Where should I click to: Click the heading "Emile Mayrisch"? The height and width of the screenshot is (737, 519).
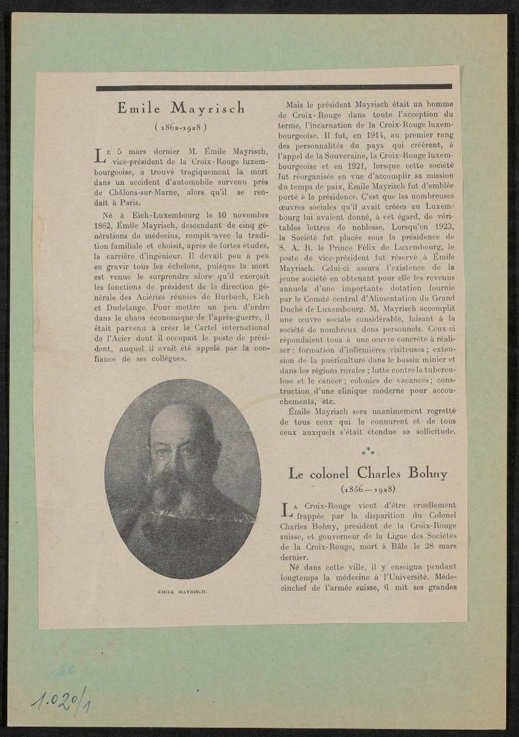[x=181, y=108]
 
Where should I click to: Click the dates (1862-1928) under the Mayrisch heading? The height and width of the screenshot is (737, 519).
[x=181, y=126]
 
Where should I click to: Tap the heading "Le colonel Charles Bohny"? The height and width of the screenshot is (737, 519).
[x=368, y=473]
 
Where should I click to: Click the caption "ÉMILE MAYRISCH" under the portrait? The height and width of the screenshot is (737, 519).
[x=182, y=592]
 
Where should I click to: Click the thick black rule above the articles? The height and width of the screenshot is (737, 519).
[x=274, y=87]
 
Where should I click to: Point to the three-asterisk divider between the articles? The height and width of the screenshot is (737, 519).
[x=368, y=449]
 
